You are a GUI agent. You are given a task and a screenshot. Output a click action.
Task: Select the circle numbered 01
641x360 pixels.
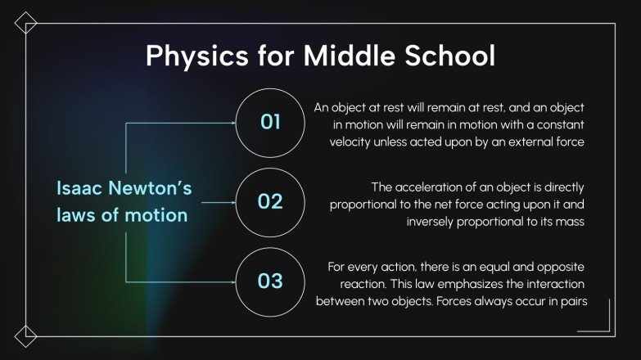[270, 123]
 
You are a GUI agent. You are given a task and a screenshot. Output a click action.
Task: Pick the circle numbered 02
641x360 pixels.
[270, 201]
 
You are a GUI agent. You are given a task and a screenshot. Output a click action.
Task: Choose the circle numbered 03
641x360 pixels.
[270, 281]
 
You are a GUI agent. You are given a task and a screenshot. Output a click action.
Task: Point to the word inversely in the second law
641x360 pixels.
[434, 221]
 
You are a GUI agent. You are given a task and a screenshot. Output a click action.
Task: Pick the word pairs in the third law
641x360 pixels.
[572, 302]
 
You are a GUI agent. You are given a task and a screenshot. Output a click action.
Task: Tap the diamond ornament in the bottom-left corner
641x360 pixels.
[25, 335]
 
